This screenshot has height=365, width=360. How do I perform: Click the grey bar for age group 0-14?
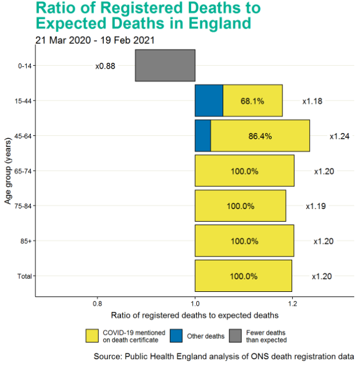[165, 66]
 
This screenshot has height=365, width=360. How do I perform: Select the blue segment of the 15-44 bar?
[209, 101]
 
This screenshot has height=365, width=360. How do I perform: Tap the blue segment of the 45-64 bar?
[203, 136]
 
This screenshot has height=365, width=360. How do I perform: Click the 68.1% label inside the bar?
[252, 101]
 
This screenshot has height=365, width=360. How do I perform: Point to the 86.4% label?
[260, 136]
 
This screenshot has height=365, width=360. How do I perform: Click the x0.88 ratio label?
[105, 66]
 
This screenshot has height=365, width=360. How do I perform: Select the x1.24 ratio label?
[339, 136]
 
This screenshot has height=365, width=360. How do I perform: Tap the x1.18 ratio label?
[312, 101]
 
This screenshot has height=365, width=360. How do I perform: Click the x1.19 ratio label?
[315, 206]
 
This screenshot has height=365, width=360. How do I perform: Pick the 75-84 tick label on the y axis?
[23, 206]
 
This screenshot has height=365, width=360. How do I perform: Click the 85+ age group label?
[26, 241]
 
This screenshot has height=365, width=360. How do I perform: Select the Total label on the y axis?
[25, 276]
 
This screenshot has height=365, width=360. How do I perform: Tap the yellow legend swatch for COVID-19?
[92, 336]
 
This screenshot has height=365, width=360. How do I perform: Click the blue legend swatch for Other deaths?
[177, 336]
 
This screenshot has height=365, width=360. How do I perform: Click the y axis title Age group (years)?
[8, 170]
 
